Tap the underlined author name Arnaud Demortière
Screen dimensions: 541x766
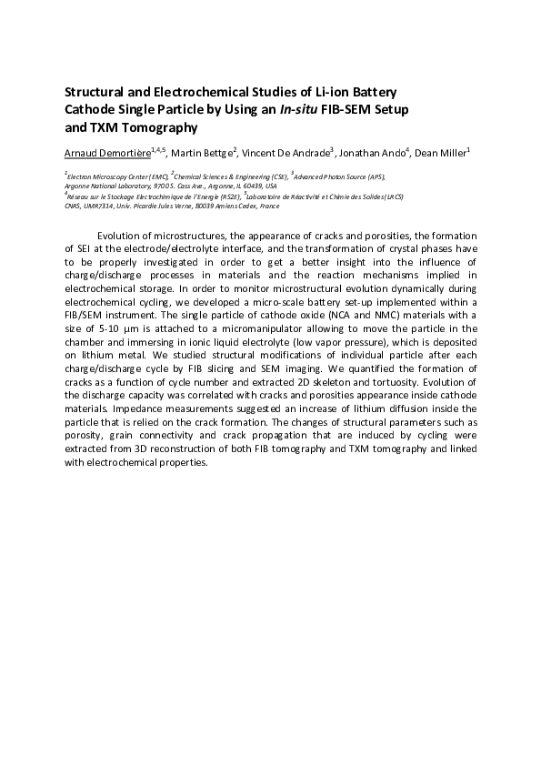click(107, 152)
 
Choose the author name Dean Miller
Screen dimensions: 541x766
click(440, 152)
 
